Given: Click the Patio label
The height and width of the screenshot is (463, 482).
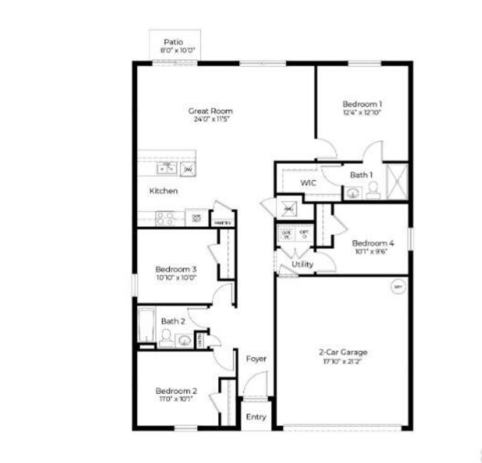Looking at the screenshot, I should point(174,42).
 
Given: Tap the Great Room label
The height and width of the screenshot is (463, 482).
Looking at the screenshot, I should point(210,111).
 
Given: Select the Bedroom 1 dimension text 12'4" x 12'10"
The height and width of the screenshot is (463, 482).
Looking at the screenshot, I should point(362,112).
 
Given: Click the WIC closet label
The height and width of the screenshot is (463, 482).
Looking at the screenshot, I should point(308,183).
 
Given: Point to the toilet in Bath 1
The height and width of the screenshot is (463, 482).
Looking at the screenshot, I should point(372,190).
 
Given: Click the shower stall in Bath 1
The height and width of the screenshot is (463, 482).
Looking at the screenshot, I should point(397,182).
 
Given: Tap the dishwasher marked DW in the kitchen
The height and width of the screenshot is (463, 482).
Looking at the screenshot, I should point(188,169).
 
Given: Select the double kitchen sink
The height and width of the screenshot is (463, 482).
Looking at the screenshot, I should point(166,168).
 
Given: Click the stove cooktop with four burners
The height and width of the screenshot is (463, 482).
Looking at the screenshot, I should point(165,219).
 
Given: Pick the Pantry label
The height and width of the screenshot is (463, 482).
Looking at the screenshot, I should point(223,223).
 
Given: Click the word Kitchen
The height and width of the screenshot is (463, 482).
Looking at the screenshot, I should point(163,191).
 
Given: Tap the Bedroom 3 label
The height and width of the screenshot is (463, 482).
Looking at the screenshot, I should point(176,269).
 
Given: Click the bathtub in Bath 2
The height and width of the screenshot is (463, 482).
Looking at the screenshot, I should point(146,325).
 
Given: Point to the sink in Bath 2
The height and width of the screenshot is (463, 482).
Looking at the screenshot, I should point(184,340).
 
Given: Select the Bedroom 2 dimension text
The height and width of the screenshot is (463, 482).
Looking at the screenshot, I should point(176,399).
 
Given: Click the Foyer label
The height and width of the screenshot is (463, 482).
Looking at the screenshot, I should point(256,359).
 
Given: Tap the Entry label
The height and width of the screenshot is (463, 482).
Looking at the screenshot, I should point(256,417).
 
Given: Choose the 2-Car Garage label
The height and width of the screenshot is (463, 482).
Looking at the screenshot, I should point(343,352).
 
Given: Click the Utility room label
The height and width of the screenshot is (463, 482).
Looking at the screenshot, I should point(302,264).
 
